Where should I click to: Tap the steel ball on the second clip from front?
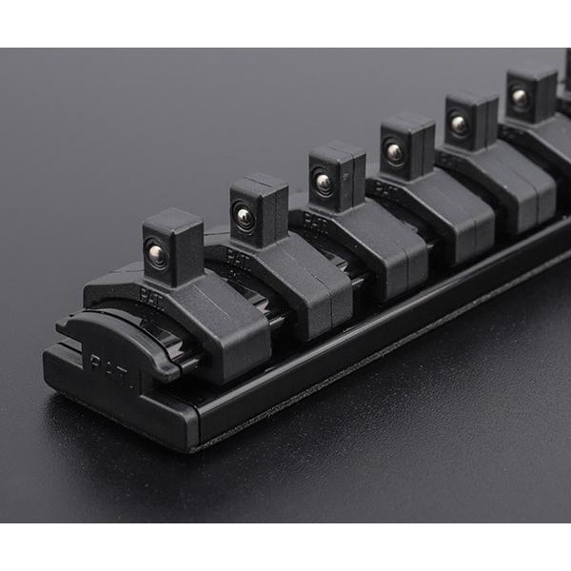(x=245, y=217)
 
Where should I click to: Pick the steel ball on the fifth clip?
(x=459, y=124)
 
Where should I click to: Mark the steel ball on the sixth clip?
(x=520, y=97)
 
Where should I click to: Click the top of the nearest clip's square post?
(x=173, y=225)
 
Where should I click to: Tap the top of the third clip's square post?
(x=337, y=152)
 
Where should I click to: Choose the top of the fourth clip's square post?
(x=407, y=123)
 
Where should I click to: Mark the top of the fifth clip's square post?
(x=471, y=98)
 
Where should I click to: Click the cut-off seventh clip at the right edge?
(x=564, y=86)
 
